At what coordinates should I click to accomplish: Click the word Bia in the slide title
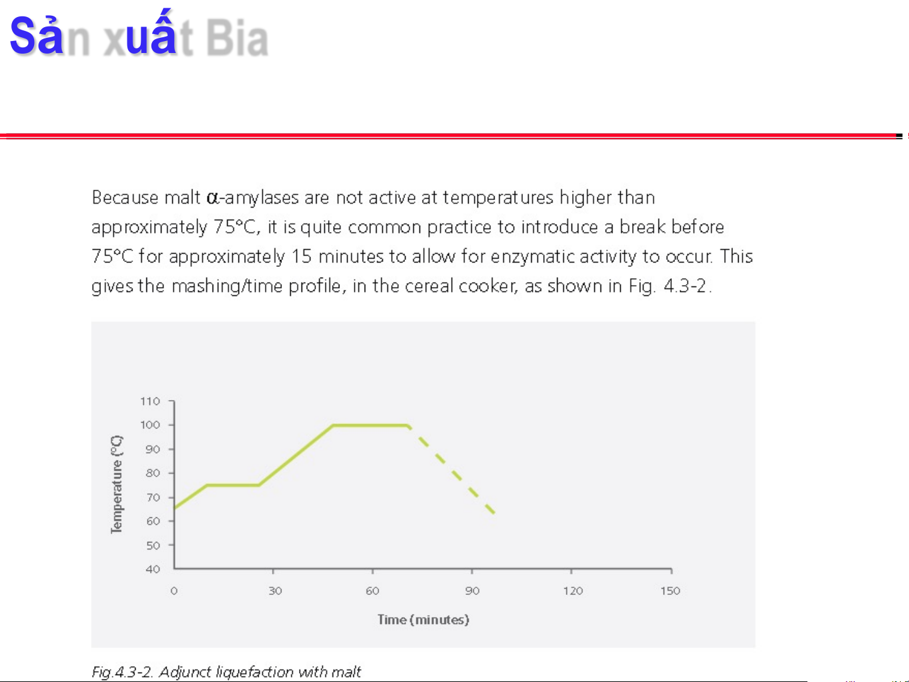[237, 38]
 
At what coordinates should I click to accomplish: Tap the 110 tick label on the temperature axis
[150, 401]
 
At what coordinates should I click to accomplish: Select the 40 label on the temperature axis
[153, 569]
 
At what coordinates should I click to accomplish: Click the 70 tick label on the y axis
[153, 497]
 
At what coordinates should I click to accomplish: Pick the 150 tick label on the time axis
[670, 591]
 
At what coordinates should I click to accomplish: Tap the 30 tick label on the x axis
[275, 591]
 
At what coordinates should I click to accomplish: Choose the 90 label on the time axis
[472, 591]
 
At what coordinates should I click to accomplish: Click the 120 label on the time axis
[573, 591]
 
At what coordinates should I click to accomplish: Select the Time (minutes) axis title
[423, 620]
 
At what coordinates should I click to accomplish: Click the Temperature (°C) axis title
[117, 485]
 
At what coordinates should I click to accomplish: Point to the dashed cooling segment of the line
[452, 469]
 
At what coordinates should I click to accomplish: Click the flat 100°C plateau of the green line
[370, 425]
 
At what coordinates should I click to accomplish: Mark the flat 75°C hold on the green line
[233, 485]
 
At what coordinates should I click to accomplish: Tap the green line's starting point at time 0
[175, 508]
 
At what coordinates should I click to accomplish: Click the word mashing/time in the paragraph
[227, 286]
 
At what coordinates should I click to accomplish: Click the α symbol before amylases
[213, 198]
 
